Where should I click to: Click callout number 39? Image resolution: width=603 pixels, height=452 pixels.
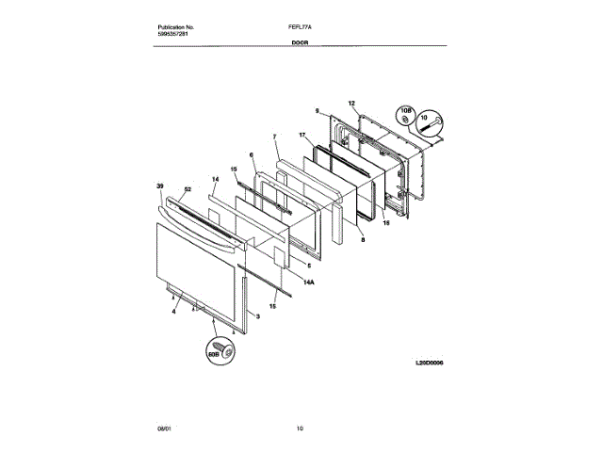[160, 186]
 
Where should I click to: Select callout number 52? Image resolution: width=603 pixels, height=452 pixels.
[187, 190]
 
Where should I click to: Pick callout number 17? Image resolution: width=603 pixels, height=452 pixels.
[302, 135]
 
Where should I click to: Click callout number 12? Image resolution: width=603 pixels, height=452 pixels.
[351, 103]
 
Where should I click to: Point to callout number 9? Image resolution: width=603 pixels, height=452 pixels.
[318, 110]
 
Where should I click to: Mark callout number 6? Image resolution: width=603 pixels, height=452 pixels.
[252, 154]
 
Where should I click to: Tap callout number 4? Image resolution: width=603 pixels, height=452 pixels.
[173, 310]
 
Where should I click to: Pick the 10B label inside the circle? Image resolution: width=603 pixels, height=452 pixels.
[406, 112]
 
